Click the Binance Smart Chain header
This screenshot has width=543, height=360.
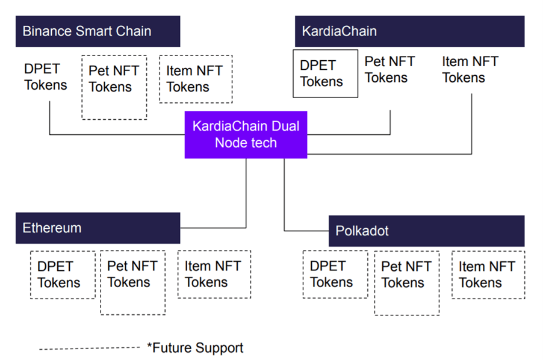point(98,31)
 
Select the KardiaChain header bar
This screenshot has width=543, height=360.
point(410,31)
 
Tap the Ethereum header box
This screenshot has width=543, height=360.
point(98,228)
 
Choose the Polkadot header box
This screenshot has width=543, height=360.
point(427,231)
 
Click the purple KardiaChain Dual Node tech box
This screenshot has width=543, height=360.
point(246,135)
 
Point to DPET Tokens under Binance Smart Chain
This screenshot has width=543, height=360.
point(45,77)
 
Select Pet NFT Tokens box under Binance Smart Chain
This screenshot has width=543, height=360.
point(114,87)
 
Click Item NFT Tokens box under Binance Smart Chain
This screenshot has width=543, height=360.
point(196,79)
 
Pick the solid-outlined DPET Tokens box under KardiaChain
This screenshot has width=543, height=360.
point(326,73)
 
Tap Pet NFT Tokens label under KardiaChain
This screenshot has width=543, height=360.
point(389,70)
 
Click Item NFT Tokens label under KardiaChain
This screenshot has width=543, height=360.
point(470,70)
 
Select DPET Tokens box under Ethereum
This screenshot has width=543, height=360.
point(63,275)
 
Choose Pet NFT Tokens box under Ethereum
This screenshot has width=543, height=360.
point(132,282)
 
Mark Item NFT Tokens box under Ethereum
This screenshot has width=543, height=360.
point(214,274)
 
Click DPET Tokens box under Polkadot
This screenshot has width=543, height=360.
point(335,274)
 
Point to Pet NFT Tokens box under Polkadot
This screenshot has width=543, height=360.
point(407,283)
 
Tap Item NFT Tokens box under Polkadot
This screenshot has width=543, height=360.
point(488,275)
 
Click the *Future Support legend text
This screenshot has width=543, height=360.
point(195,348)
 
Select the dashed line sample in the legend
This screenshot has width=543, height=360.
point(89,348)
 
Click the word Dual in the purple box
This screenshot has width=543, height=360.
point(285,126)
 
